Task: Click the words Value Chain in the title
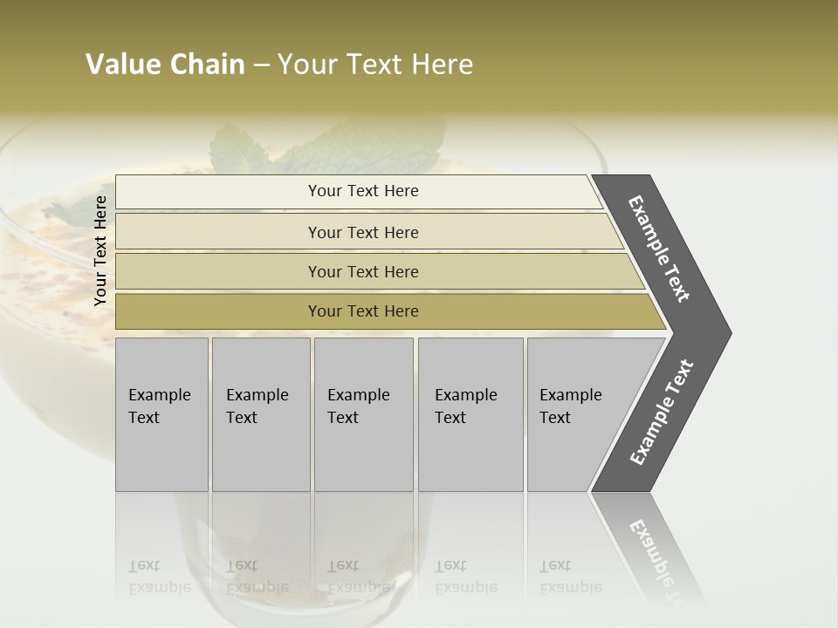pyautogui.click(x=165, y=65)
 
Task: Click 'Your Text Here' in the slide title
pyautogui.click(x=375, y=65)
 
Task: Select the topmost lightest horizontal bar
pyautogui.click(x=218, y=191)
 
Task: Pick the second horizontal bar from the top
pyautogui.click(x=218, y=232)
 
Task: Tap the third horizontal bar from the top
pyautogui.click(x=218, y=271)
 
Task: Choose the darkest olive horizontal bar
pyautogui.click(x=218, y=311)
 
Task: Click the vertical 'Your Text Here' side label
pyautogui.click(x=100, y=250)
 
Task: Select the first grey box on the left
pyautogui.click(x=161, y=413)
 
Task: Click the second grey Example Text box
pyautogui.click(x=260, y=413)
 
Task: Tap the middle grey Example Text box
pyautogui.click(x=363, y=413)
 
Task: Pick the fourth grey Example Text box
pyautogui.click(x=470, y=413)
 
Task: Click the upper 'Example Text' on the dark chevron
pyautogui.click(x=660, y=249)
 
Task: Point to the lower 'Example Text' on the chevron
pyautogui.click(x=661, y=413)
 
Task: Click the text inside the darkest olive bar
pyautogui.click(x=363, y=311)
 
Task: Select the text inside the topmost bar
pyautogui.click(x=363, y=191)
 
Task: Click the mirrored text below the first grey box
pyautogui.click(x=159, y=577)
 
